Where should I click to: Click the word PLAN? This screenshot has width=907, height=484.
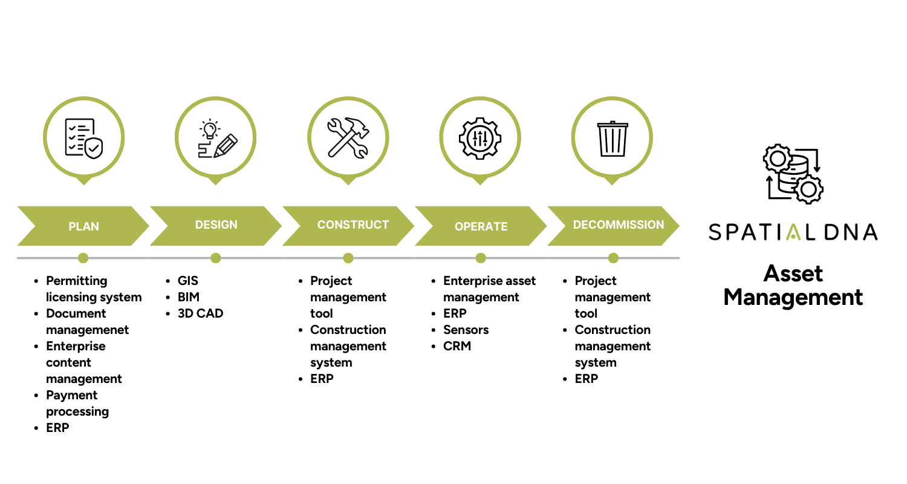point(83,227)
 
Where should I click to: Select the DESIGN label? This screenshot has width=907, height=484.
point(216,225)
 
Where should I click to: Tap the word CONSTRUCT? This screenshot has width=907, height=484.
point(353,225)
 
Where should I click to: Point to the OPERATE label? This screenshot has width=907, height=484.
point(481,227)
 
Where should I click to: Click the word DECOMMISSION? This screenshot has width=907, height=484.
point(618,225)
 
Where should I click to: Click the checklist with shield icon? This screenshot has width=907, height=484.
point(83,138)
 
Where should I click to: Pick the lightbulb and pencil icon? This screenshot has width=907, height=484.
point(216,139)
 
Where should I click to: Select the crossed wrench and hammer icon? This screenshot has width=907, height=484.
point(348,138)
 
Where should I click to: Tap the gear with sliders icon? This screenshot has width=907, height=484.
point(480,138)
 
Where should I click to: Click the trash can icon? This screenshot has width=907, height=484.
point(613,139)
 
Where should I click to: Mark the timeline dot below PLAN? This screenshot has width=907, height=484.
point(83,258)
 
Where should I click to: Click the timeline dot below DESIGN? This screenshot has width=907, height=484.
point(216,258)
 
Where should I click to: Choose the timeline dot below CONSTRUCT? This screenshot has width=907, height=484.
point(348,258)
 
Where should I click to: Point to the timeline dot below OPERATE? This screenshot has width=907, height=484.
point(481,258)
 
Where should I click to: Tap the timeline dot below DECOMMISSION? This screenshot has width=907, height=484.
point(613,258)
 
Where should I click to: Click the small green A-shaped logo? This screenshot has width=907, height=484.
point(793,232)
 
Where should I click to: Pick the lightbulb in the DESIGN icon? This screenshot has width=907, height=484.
point(210,129)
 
